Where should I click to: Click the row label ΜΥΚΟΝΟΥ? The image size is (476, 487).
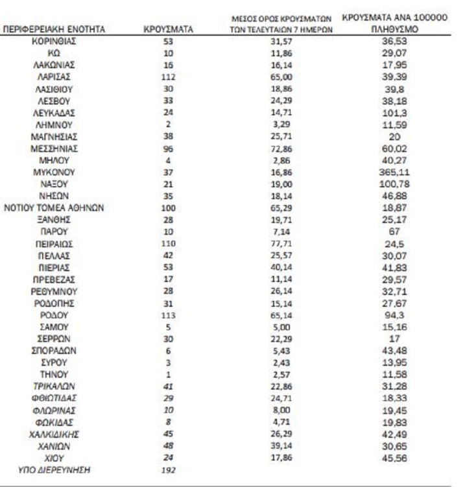coord(54,172)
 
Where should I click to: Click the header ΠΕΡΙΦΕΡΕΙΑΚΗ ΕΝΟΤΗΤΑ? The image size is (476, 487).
coord(54,29)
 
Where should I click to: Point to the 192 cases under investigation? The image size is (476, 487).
coord(168,469)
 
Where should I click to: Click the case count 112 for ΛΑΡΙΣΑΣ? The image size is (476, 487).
coord(168,77)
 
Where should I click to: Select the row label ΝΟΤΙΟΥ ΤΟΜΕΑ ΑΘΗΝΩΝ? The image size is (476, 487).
coord(54,208)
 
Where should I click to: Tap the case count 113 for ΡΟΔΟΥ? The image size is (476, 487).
coord(168,315)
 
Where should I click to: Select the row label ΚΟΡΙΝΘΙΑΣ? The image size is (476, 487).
coord(54,41)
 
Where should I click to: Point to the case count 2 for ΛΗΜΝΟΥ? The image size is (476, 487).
coord(168,124)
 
